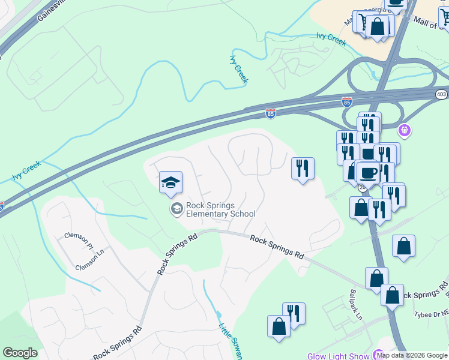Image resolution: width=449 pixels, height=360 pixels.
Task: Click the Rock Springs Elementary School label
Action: [220, 209]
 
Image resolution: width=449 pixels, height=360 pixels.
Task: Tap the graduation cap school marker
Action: [170, 182]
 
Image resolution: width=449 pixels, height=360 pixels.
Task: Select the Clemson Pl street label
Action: [82, 245]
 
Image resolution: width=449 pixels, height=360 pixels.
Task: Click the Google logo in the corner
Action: [20, 353]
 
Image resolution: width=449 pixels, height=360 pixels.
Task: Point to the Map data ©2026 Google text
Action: [412, 355]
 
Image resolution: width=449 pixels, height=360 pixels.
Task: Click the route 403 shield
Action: [441, 94]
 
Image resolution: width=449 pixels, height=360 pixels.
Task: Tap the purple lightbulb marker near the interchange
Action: [405, 129]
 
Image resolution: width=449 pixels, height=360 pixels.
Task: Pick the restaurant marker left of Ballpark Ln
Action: [294, 314]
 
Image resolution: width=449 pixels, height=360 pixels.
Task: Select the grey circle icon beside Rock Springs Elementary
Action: [176, 208]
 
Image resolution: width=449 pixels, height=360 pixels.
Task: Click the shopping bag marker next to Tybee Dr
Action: [392, 296]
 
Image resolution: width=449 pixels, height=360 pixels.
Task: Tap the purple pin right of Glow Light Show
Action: [378, 355]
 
